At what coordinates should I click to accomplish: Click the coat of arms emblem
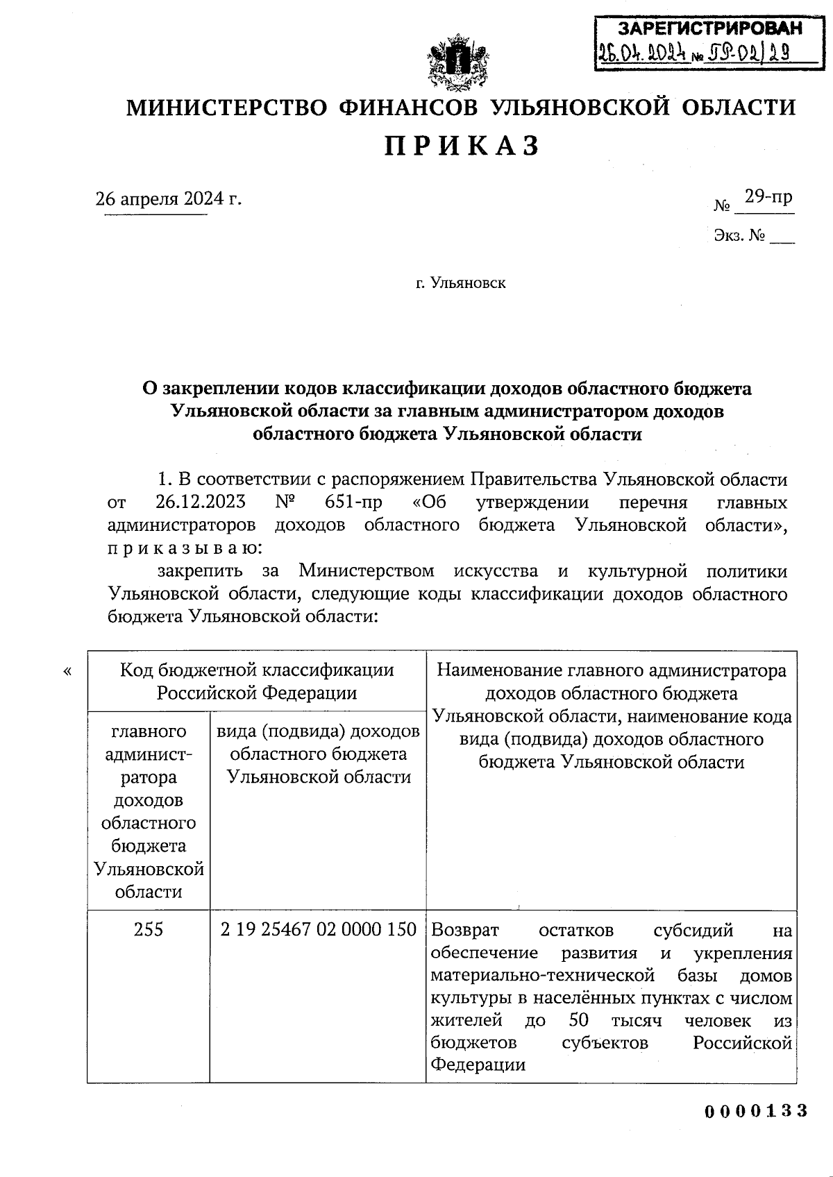tap(458, 65)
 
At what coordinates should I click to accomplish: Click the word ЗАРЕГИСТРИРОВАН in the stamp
tap(709, 28)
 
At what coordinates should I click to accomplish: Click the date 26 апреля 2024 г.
tap(169, 199)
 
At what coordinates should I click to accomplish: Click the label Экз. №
tap(739, 236)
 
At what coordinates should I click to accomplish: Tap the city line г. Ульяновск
tap(460, 283)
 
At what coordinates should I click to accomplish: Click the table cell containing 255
tap(149, 929)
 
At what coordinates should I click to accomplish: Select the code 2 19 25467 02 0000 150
tap(318, 929)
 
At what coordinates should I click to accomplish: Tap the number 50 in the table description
tap(578, 1020)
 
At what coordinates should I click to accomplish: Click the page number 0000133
tap(757, 1111)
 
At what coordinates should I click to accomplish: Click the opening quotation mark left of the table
tap(67, 670)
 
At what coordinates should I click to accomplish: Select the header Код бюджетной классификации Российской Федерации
tap(257, 681)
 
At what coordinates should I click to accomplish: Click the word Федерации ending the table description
tap(478, 1065)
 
